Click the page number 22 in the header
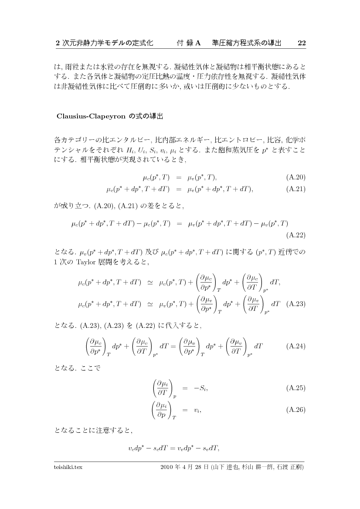tap(301, 43)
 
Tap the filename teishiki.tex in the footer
tap(68, 467)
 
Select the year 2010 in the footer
tap(167, 467)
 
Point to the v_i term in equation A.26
tap(197, 410)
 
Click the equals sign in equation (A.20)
tap(178, 177)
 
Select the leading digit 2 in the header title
tap(58, 43)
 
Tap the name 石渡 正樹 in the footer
tap(289, 467)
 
